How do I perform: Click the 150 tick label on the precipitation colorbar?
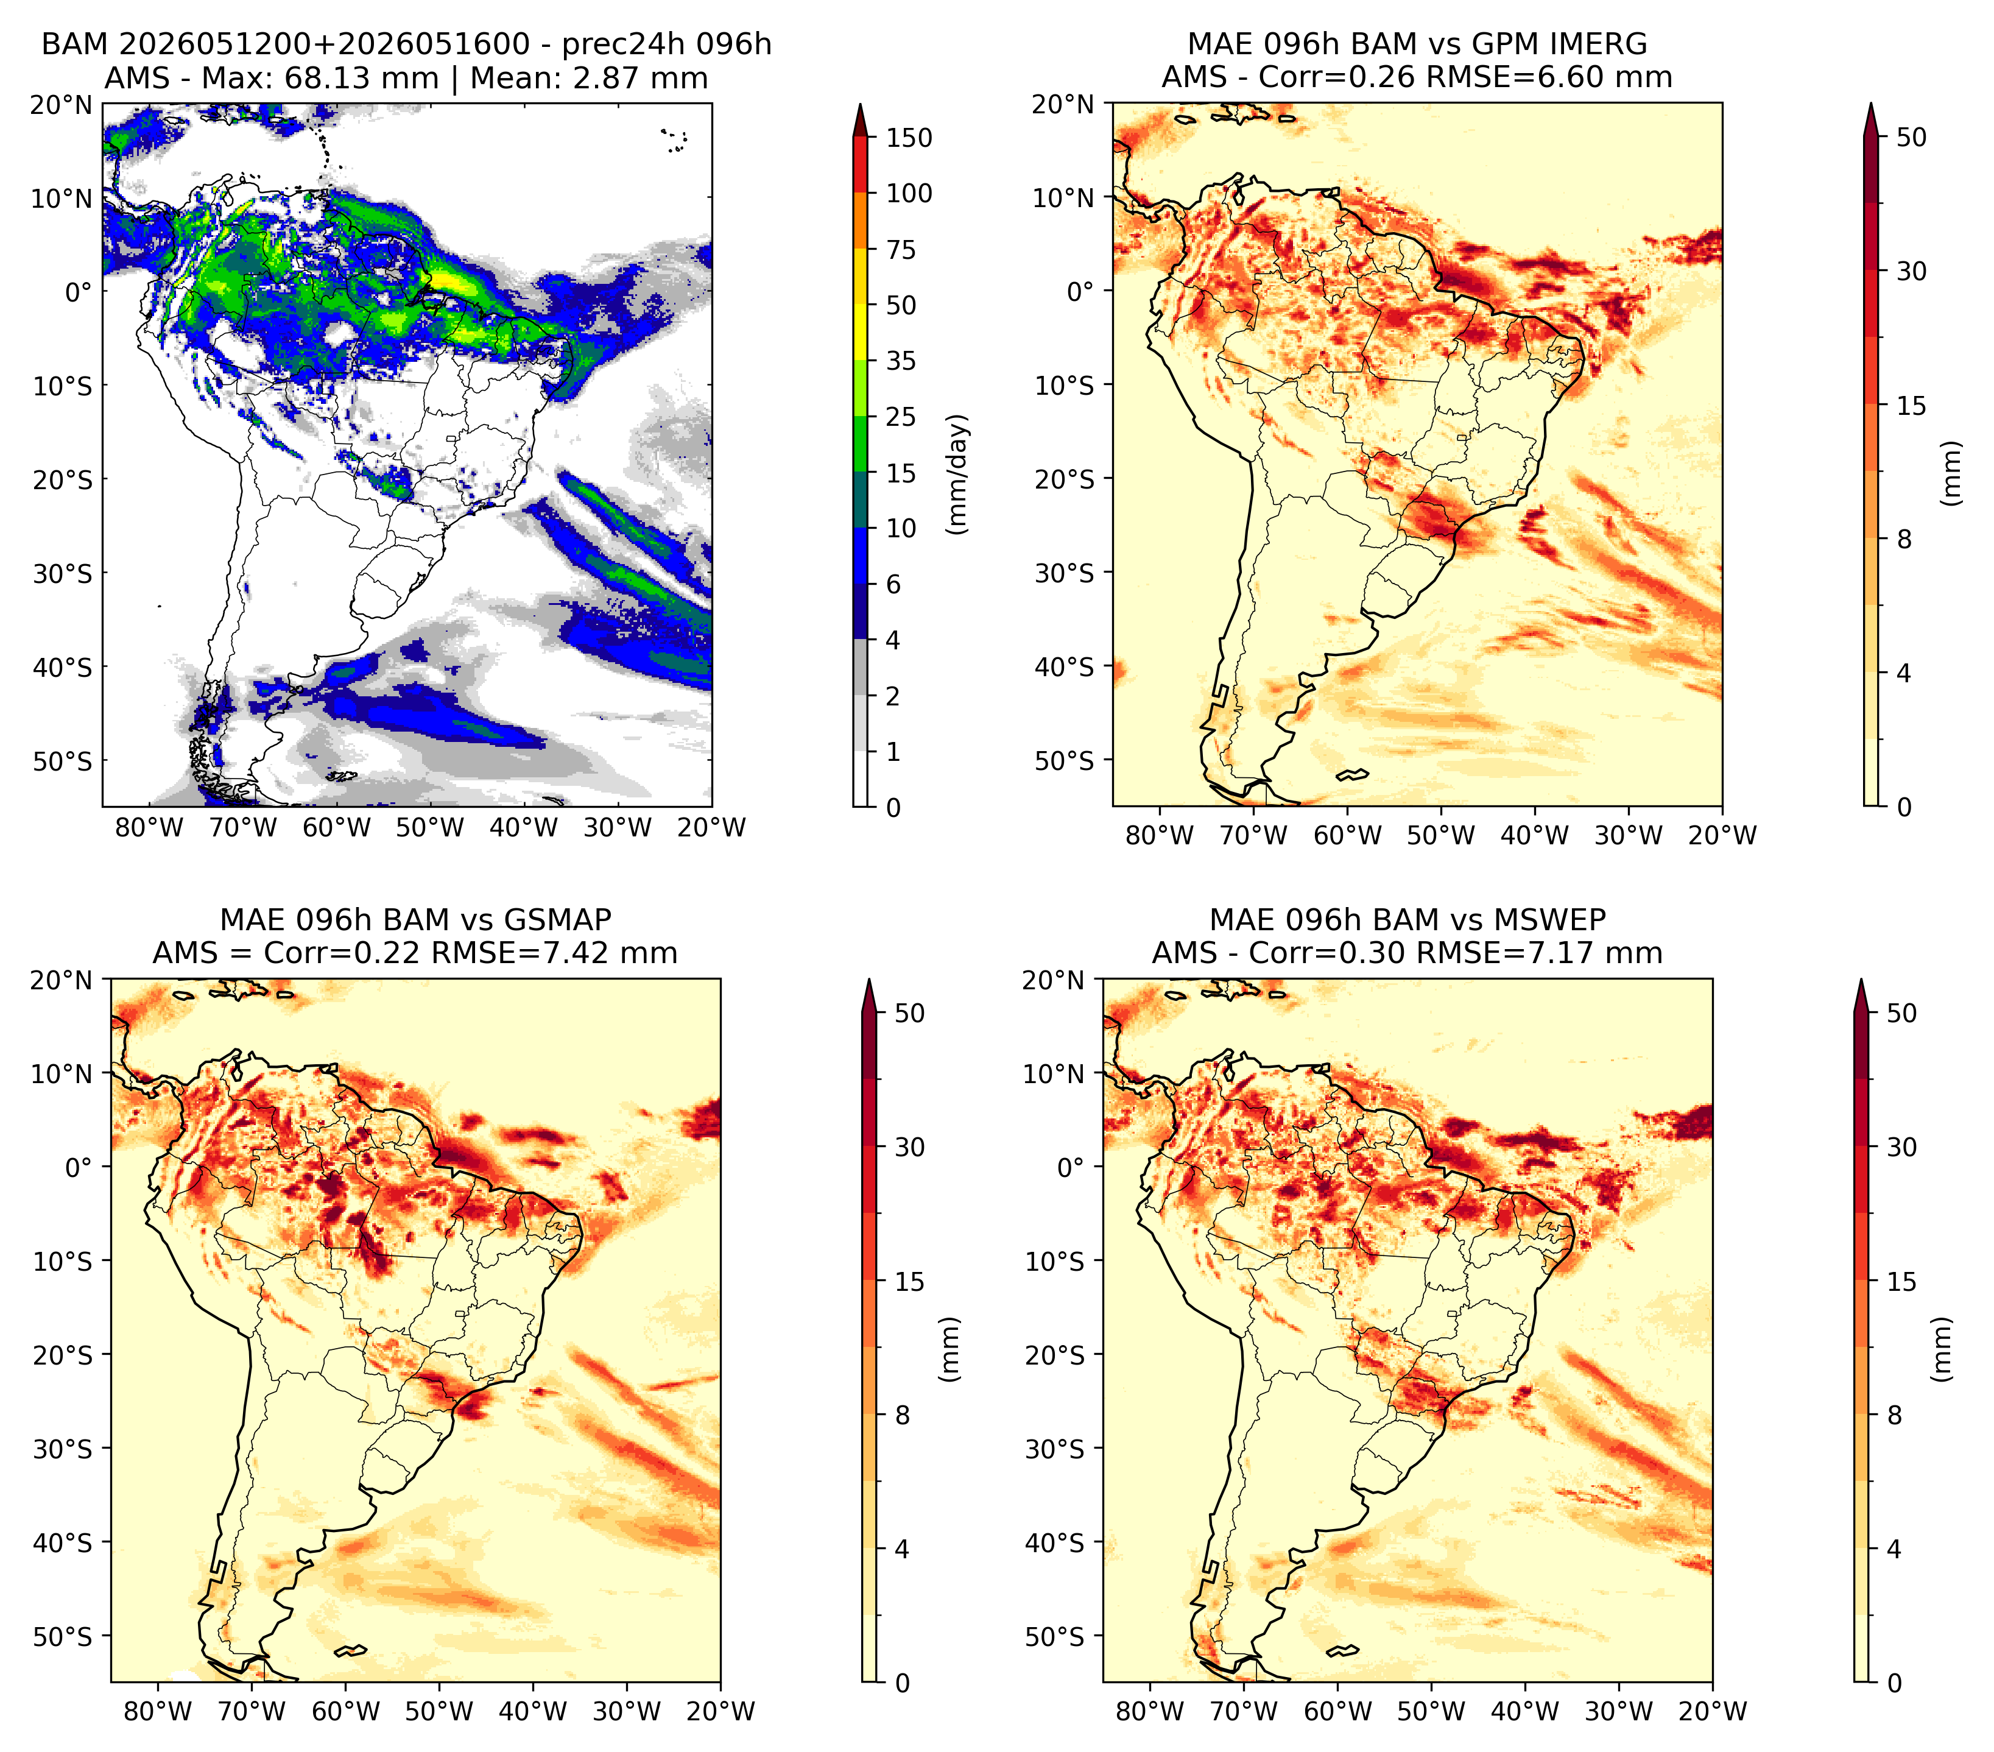point(908,138)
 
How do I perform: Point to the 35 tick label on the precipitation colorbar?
point(900,361)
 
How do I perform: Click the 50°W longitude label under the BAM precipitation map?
point(430,828)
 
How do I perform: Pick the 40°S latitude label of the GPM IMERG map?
point(1065,667)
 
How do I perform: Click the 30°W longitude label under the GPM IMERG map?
point(1628,835)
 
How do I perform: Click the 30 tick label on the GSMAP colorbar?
point(909,1147)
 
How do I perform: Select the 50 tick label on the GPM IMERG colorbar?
point(1912,138)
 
